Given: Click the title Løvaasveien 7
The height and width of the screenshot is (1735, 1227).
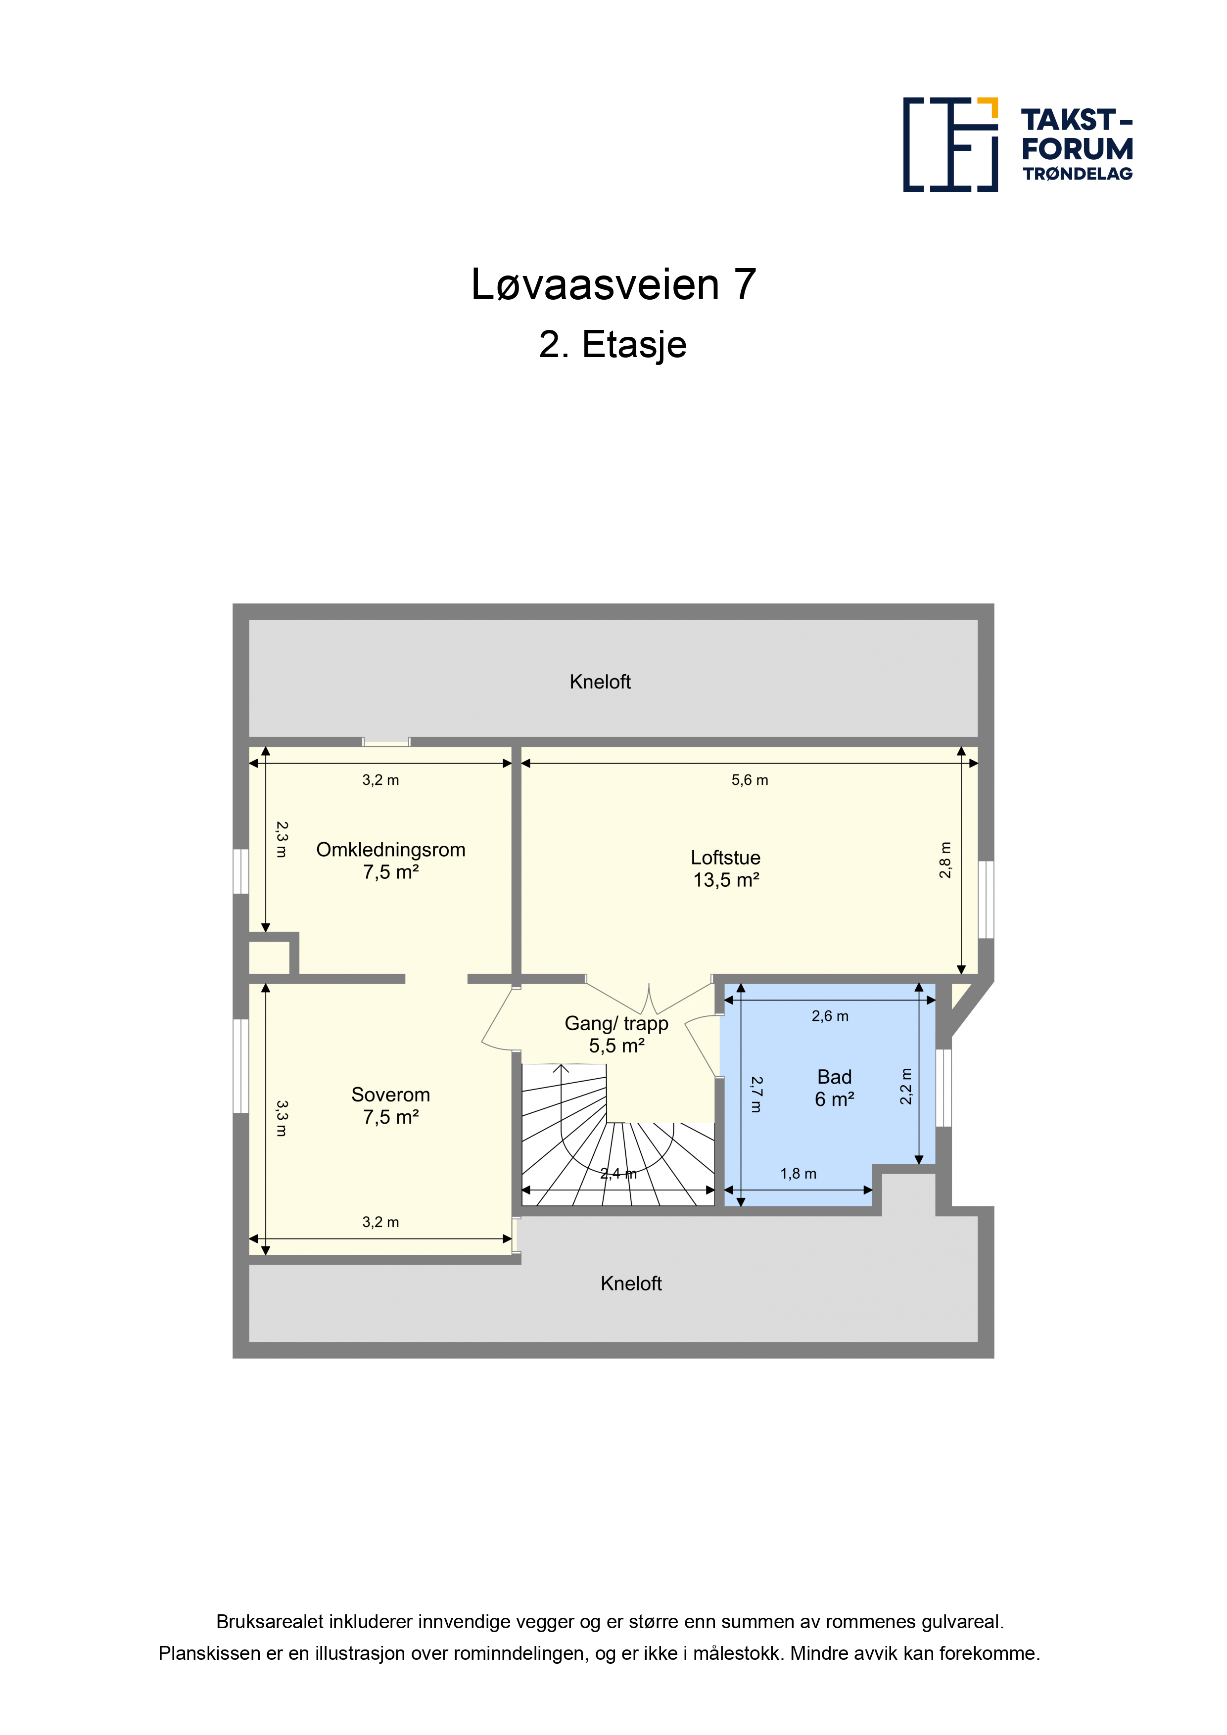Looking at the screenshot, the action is (613, 285).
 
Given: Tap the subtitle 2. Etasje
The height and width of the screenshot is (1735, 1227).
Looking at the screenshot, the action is (613, 345).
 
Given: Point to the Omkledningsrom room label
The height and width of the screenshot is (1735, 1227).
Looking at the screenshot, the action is (391, 850).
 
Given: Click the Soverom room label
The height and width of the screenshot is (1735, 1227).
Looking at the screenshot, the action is (391, 1095).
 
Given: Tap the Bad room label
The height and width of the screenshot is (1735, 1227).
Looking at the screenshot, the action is (835, 1077).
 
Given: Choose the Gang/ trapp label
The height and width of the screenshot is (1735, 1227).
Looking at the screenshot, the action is (617, 1024).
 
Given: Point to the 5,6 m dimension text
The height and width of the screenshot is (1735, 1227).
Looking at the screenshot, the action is (750, 780).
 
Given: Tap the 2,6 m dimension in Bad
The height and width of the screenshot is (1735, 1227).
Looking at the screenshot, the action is (830, 1016).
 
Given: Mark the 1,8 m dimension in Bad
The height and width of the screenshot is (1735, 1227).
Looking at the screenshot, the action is (799, 1174).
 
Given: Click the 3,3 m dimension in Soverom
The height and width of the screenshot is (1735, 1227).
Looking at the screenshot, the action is (281, 1118).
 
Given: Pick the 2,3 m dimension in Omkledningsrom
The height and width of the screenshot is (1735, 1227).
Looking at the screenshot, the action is (281, 839).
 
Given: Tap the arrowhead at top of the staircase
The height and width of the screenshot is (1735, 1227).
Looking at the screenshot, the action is (561, 1068).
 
